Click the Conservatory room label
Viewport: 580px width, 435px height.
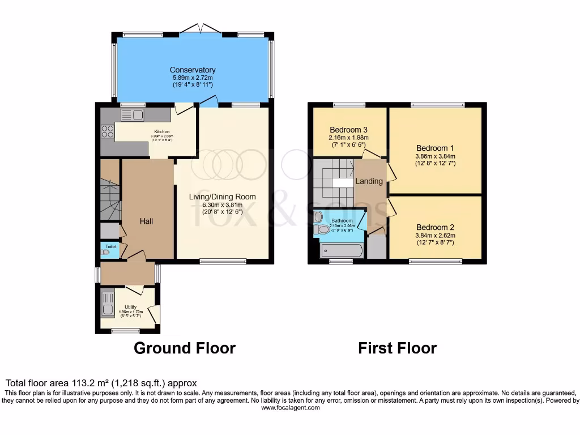[193, 70]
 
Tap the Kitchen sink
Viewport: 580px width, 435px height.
[133, 115]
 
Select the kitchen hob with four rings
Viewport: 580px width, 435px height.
[107, 131]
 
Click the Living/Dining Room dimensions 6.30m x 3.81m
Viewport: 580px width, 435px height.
[223, 205]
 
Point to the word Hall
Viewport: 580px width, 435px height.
[146, 221]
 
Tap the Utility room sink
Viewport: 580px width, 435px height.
[107, 303]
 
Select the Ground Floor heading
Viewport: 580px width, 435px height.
[184, 348]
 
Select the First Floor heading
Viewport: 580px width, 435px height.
[397, 348]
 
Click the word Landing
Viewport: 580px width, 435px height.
[369, 181]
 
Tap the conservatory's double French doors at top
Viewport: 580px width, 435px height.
[201, 28]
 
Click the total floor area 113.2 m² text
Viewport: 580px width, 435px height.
[101, 383]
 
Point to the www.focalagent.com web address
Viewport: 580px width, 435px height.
[289, 408]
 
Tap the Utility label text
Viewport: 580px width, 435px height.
[131, 306]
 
